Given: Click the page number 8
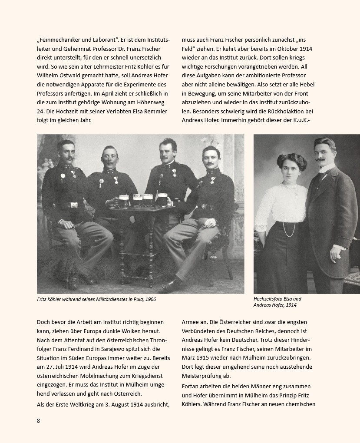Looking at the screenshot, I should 39,420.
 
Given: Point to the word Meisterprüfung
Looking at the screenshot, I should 204,376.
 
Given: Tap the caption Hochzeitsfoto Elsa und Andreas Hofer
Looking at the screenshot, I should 277,302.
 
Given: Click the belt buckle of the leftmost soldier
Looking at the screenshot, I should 74,205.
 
